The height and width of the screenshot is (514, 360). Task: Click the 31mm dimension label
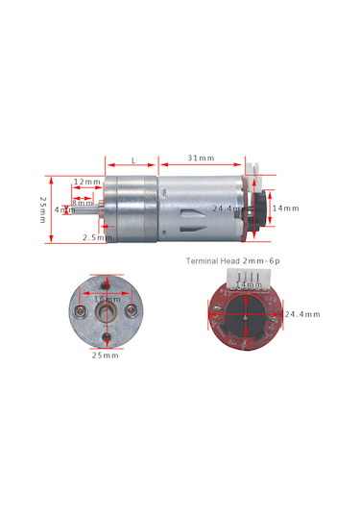(x=201, y=158)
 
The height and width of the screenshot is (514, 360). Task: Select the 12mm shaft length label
(x=86, y=182)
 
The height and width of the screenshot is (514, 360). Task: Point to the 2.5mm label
(x=95, y=235)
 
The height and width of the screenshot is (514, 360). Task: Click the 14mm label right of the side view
(x=286, y=208)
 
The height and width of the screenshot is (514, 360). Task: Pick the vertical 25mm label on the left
(x=42, y=208)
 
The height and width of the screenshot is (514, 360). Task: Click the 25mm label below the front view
(x=105, y=355)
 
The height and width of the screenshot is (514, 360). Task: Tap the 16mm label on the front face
(x=105, y=299)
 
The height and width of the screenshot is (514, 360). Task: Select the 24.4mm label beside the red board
(x=302, y=313)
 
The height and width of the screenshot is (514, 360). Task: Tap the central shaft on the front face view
(x=105, y=311)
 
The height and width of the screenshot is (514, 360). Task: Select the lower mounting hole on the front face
(x=105, y=335)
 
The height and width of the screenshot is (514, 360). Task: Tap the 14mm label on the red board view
(x=249, y=285)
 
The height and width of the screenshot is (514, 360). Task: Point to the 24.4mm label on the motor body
(x=228, y=208)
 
